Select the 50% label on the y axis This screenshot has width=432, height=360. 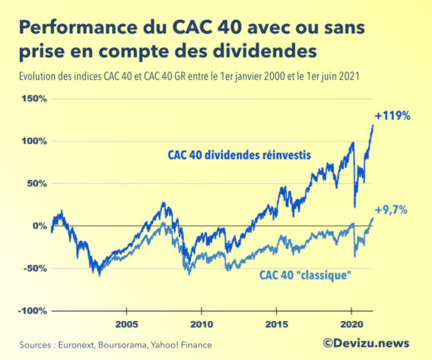tap(37, 184)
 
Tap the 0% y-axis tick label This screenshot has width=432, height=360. tap(39, 226)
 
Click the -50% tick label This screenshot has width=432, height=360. tap(35, 269)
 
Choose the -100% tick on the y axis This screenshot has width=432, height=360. tap(32, 311)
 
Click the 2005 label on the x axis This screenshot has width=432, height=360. tap(126, 323)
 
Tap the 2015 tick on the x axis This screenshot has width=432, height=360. tap(276, 323)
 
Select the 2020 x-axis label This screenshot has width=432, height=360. tap(350, 323)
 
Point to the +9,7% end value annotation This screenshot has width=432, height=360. tap(390, 210)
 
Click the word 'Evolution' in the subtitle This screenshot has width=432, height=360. tap(37, 76)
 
